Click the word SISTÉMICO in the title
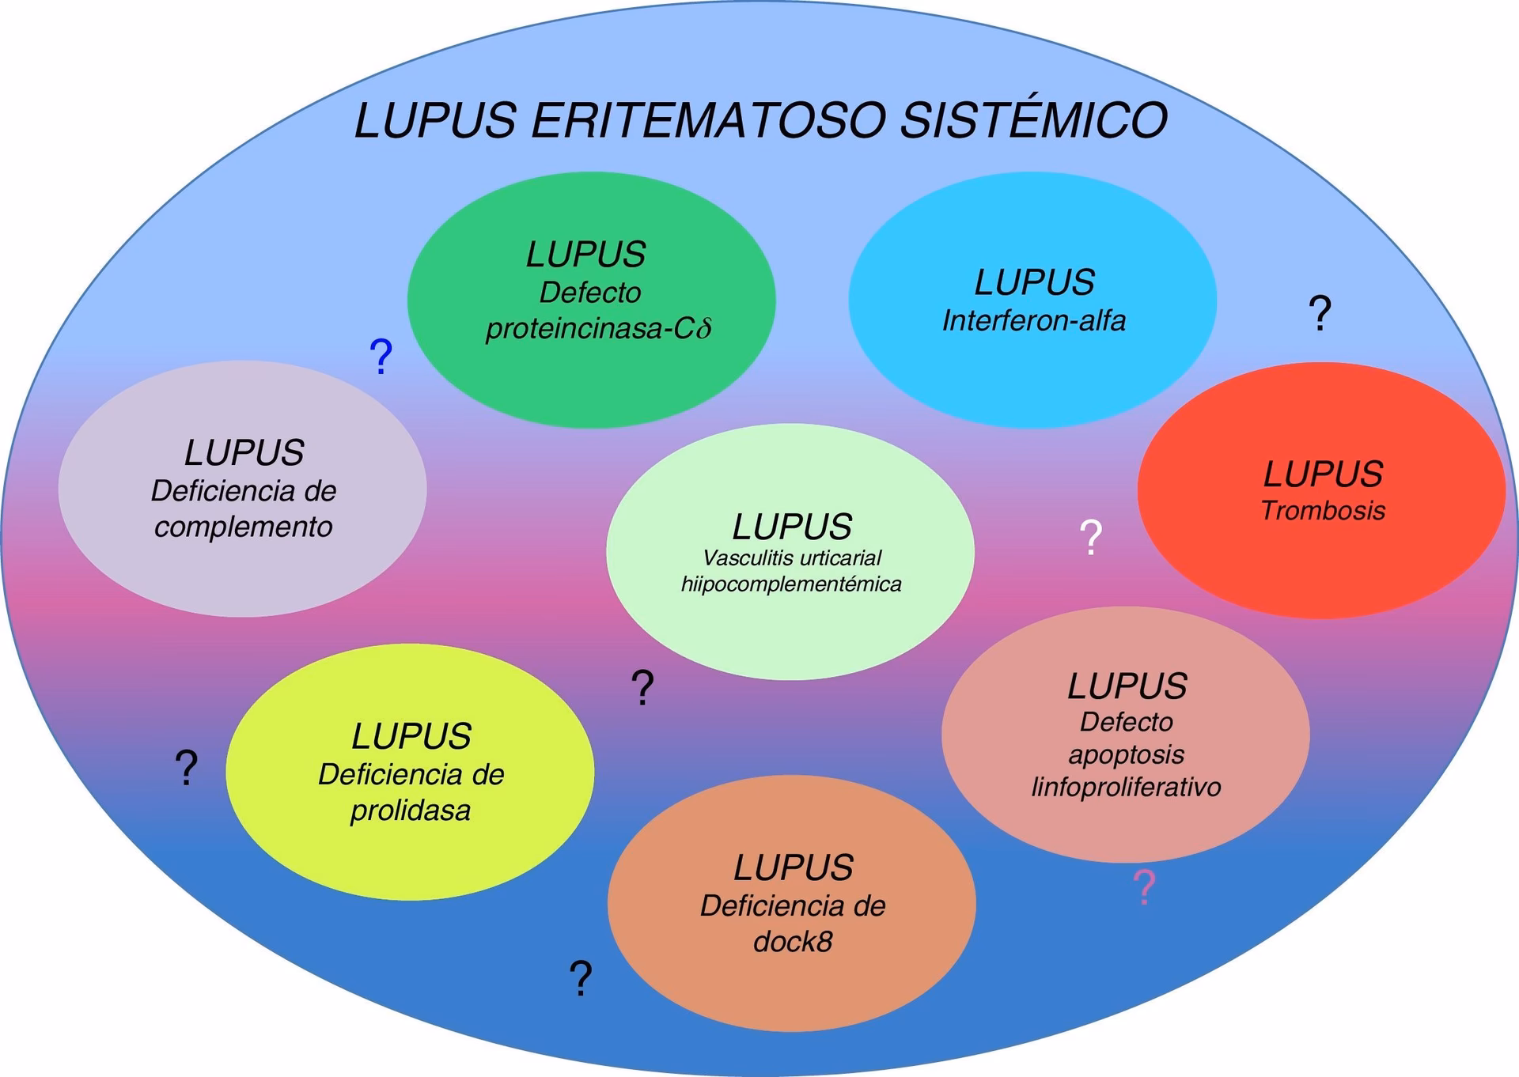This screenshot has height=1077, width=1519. click(x=1033, y=120)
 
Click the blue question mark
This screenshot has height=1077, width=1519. click(x=381, y=357)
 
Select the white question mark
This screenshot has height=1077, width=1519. click(x=1091, y=538)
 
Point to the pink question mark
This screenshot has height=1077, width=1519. click(x=1144, y=888)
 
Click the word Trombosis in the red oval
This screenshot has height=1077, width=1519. click(x=1322, y=511)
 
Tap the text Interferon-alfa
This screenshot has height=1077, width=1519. click(x=1033, y=320)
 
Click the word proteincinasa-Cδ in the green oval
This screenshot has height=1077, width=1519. click(x=598, y=328)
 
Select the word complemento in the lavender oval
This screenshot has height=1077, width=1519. click(x=243, y=527)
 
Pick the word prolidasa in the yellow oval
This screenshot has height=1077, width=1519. click(x=410, y=811)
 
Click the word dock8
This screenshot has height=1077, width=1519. click(x=792, y=942)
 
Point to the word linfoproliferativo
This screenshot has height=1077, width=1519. click(x=1126, y=788)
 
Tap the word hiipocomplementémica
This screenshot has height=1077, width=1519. click(x=791, y=584)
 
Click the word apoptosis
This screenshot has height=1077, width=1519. click(x=1126, y=754)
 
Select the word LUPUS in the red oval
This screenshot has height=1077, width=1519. click(x=1322, y=474)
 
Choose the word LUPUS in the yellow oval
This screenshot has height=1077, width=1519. click(x=411, y=737)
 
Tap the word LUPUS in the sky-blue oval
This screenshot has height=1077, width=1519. click(x=1033, y=282)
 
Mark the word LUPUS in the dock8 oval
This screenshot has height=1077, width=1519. click(x=792, y=868)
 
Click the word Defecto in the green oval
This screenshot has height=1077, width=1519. click(x=589, y=293)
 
